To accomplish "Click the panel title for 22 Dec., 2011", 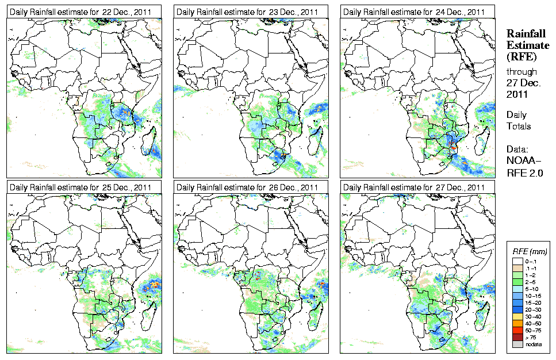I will [83, 12].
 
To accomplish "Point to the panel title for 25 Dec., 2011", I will [83, 187].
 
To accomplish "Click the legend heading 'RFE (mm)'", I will [529, 251].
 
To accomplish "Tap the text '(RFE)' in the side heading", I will [521, 57].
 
